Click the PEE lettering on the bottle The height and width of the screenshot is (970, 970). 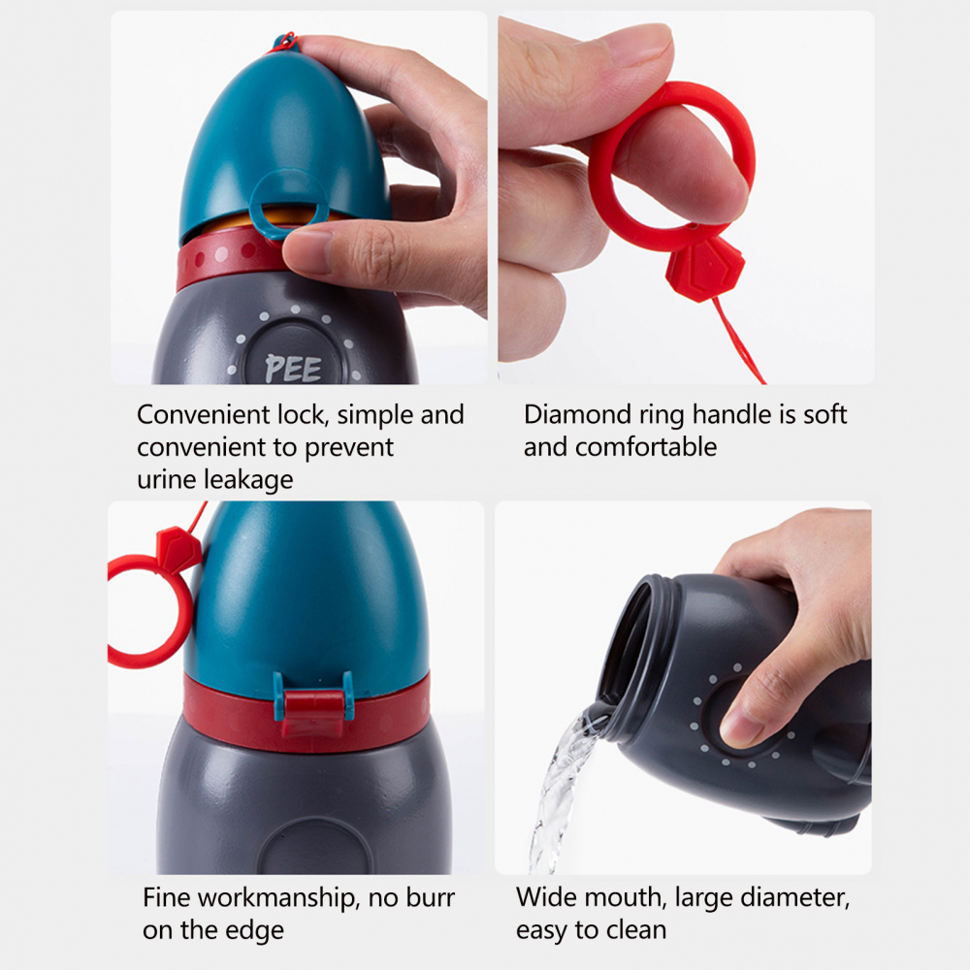pos(293,369)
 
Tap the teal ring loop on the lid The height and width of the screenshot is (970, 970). pos(289,203)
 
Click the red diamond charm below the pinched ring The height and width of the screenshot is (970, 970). pos(704,269)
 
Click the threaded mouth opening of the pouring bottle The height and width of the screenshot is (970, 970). pos(626,637)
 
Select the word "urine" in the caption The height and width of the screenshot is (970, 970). pos(167,480)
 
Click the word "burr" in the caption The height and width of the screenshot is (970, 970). pos(431,897)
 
